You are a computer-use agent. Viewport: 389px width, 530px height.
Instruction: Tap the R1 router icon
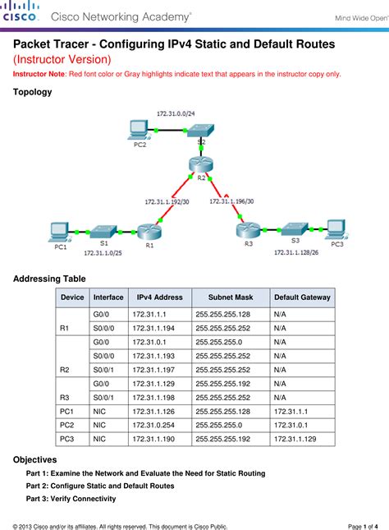(x=148, y=231)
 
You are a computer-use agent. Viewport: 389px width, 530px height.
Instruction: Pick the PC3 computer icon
(x=335, y=228)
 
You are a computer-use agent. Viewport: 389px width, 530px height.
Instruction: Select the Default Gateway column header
(x=302, y=297)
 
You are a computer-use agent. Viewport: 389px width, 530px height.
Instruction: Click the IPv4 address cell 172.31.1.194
(x=149, y=328)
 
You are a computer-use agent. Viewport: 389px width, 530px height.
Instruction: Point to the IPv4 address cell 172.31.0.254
(x=152, y=426)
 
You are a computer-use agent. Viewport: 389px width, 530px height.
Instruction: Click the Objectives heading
(x=34, y=459)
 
